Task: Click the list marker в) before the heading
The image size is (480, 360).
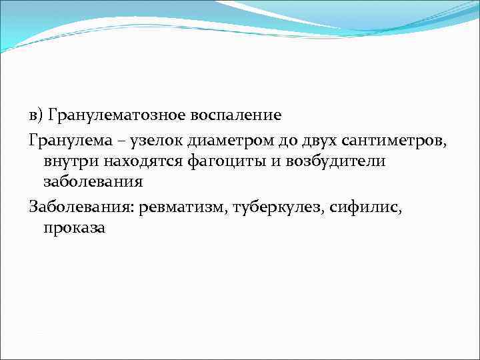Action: (x=37, y=115)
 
